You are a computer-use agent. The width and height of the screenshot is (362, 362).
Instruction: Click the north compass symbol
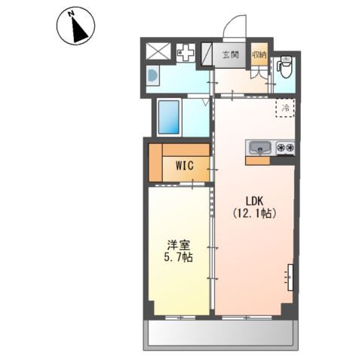click(75, 26)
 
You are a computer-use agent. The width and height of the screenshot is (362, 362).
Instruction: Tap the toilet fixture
click(284, 66)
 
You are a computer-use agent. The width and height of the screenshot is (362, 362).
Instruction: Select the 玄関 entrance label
click(231, 54)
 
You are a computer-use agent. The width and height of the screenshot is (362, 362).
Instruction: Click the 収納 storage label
click(259, 54)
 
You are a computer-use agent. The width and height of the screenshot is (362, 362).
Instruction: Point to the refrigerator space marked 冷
click(285, 108)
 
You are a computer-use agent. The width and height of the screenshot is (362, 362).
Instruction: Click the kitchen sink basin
click(260, 148)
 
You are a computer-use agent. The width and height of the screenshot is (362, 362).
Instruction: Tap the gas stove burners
click(285, 148)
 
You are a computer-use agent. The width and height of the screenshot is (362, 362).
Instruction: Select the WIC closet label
click(185, 165)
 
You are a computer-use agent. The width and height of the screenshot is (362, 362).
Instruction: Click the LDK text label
click(254, 201)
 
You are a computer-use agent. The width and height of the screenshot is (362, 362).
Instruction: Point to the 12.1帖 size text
click(254, 213)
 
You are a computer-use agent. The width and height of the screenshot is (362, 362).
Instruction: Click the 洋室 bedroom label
click(179, 245)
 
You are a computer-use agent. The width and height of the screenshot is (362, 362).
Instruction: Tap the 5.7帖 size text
click(178, 257)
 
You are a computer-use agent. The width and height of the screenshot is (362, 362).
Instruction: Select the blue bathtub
click(169, 117)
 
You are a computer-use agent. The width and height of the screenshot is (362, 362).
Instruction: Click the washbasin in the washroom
click(152, 75)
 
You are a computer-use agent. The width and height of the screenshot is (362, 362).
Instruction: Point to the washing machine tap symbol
click(186, 53)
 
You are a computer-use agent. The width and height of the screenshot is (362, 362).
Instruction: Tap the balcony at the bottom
click(220, 334)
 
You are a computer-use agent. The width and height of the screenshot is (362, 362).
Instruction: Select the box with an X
click(158, 51)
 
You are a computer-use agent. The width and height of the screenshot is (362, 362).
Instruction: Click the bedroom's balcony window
click(180, 318)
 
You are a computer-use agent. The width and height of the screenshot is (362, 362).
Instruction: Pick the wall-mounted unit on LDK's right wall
click(290, 278)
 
